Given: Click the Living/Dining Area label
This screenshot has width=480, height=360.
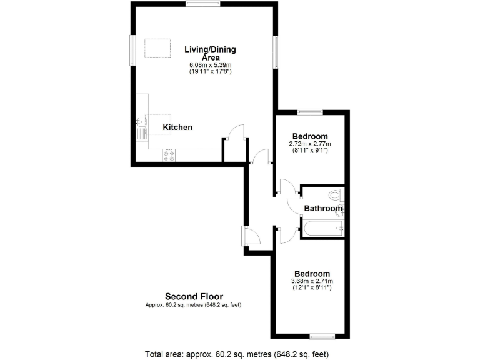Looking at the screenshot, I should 210,53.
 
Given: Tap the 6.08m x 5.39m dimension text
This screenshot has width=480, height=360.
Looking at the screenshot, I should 210,65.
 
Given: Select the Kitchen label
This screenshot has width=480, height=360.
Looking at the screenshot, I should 177,127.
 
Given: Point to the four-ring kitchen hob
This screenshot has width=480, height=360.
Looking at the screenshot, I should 169,155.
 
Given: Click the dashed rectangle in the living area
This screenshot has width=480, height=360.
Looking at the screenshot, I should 157,48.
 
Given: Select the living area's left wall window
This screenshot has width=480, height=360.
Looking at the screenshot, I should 132,49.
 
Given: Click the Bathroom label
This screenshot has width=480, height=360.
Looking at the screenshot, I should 323,209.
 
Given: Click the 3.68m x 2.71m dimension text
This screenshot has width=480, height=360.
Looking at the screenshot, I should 312,282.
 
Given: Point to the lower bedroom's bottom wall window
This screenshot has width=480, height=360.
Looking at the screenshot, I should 323,336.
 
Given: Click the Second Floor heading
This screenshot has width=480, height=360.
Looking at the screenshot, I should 194,297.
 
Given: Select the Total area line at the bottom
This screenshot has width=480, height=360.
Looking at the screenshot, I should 237,354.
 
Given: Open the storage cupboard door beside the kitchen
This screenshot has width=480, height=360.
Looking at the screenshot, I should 236,134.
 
